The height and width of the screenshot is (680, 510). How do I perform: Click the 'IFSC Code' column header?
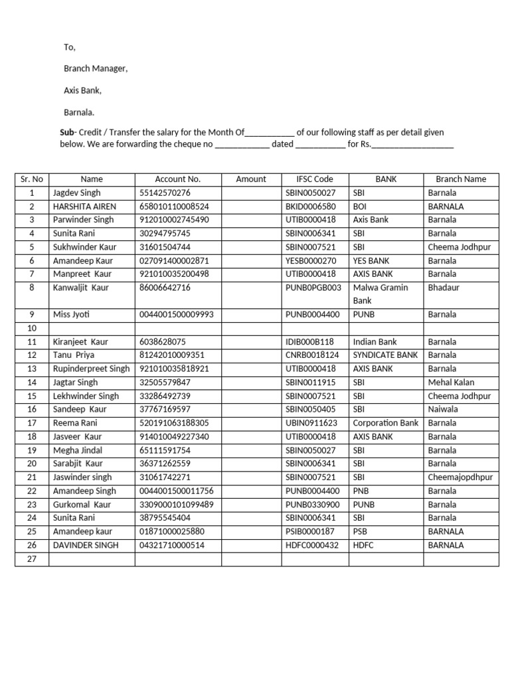tap(315, 179)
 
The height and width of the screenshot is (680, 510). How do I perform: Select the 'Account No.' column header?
tap(177, 179)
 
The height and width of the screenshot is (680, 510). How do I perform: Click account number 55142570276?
tap(165, 193)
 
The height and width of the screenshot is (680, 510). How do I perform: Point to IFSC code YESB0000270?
tap(311, 261)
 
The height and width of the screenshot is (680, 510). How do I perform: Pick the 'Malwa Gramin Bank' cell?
tap(381, 294)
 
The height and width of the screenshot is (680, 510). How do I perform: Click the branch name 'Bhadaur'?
tap(444, 288)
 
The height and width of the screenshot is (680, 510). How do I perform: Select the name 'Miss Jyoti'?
tap(72, 315)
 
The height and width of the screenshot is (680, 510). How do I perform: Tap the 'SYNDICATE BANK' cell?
tap(385, 355)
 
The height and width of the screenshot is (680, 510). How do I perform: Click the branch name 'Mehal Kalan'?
tap(451, 382)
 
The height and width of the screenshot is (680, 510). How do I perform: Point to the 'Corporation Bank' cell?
tap(385, 423)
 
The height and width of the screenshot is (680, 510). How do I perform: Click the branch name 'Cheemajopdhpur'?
tap(460, 477)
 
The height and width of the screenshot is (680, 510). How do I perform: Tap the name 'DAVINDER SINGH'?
tap(86, 545)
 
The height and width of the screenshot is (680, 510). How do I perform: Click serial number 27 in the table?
tap(31, 559)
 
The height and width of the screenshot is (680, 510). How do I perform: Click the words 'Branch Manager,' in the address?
tap(96, 68)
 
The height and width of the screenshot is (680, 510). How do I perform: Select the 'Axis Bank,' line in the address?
tap(82, 90)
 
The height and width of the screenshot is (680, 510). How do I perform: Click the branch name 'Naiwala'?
tap(443, 410)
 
